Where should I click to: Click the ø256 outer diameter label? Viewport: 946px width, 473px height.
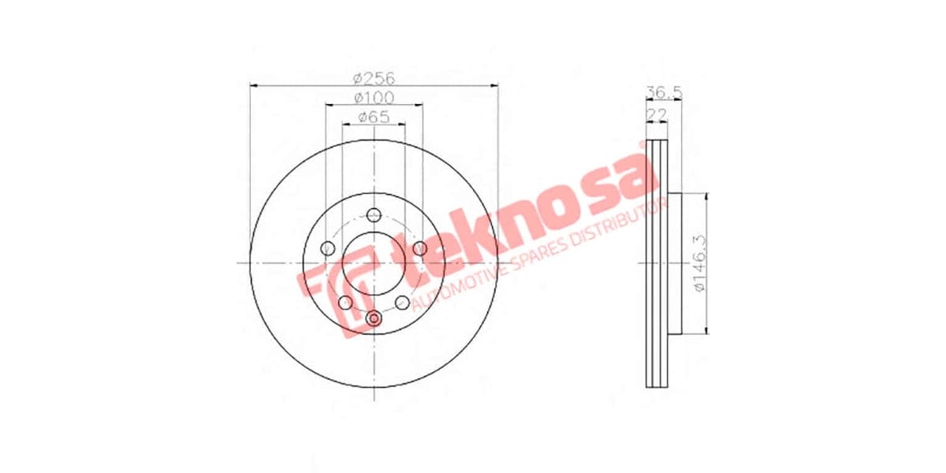tap(374, 78)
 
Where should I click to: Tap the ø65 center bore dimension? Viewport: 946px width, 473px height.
tap(374, 117)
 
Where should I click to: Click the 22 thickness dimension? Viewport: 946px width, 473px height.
tap(654, 115)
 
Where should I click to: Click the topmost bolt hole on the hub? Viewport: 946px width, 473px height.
tap(374, 214)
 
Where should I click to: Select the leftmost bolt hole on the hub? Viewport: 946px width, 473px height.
tap(328, 249)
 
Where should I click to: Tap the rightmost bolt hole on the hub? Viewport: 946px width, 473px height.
tap(420, 249)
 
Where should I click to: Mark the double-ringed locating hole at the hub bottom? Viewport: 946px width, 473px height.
tap(374, 318)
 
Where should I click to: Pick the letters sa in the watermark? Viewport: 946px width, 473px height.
tap(623, 177)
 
